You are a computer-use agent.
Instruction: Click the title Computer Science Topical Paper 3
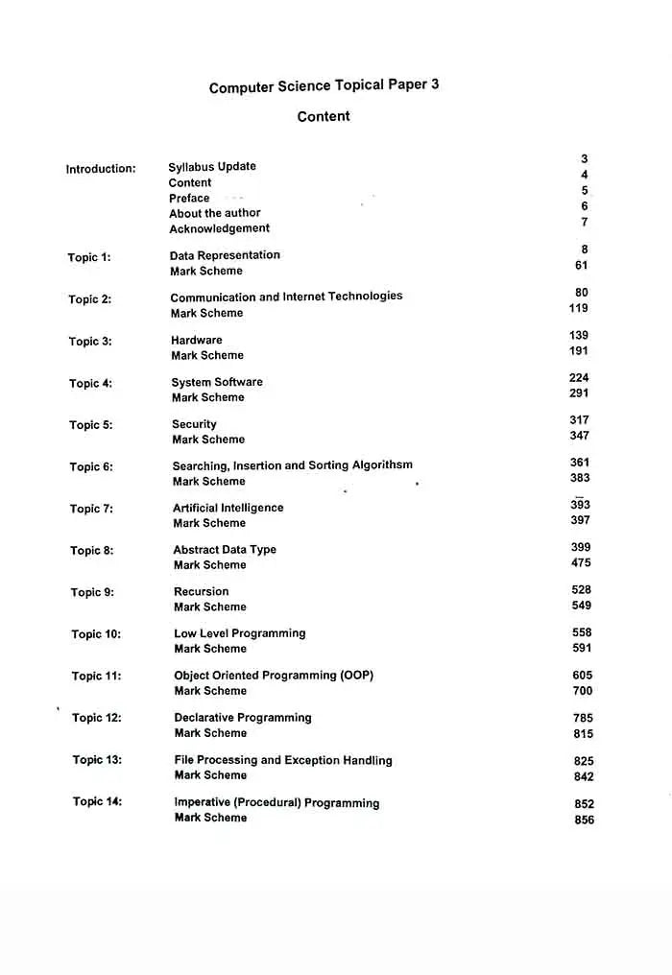pyautogui.click(x=324, y=86)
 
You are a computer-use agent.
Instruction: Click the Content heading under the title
pyautogui.click(x=324, y=117)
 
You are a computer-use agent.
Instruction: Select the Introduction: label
pyautogui.click(x=101, y=169)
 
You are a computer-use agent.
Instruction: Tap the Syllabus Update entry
pyautogui.click(x=212, y=166)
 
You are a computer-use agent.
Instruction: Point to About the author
pyautogui.click(x=215, y=213)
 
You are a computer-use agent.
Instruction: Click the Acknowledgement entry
pyautogui.click(x=220, y=228)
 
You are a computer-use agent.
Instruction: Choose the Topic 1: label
pyautogui.click(x=89, y=257)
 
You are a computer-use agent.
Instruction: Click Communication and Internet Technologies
pyautogui.click(x=286, y=297)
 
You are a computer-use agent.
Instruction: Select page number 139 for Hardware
pyautogui.click(x=579, y=336)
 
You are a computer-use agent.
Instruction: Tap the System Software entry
pyautogui.click(x=217, y=382)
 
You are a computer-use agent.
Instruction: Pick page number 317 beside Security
pyautogui.click(x=579, y=420)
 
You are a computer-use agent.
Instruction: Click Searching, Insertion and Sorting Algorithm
pyautogui.click(x=293, y=465)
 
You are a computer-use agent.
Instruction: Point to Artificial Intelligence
pyautogui.click(x=228, y=508)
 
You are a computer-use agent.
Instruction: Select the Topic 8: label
pyautogui.click(x=91, y=551)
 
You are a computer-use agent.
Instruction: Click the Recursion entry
pyautogui.click(x=202, y=591)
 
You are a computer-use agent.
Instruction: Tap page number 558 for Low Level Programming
pyautogui.click(x=582, y=632)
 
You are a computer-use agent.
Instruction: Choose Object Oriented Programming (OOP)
pyautogui.click(x=274, y=676)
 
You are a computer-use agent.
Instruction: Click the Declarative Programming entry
pyautogui.click(x=243, y=718)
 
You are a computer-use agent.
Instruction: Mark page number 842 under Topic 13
pyautogui.click(x=584, y=776)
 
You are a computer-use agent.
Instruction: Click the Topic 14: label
pyautogui.click(x=98, y=801)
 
